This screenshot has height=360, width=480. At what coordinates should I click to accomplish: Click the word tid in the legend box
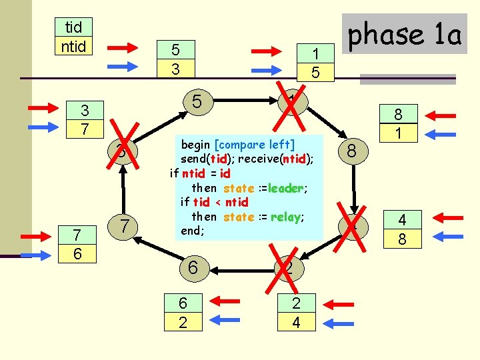[x=73, y=27]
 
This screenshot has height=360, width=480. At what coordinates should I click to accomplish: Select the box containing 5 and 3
[x=175, y=59]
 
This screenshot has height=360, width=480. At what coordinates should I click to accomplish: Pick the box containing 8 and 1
[x=397, y=124]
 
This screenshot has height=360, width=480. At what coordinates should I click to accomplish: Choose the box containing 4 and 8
[x=401, y=229]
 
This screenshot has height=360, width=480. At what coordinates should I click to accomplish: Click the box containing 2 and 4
[x=296, y=313]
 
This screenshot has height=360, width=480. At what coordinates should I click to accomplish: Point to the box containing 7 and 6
[x=78, y=245]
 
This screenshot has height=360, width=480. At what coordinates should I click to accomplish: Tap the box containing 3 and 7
[x=84, y=119]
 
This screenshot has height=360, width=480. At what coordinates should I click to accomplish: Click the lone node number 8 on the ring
[x=353, y=153]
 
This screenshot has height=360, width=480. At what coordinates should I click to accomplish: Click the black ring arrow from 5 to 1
[x=245, y=101]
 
